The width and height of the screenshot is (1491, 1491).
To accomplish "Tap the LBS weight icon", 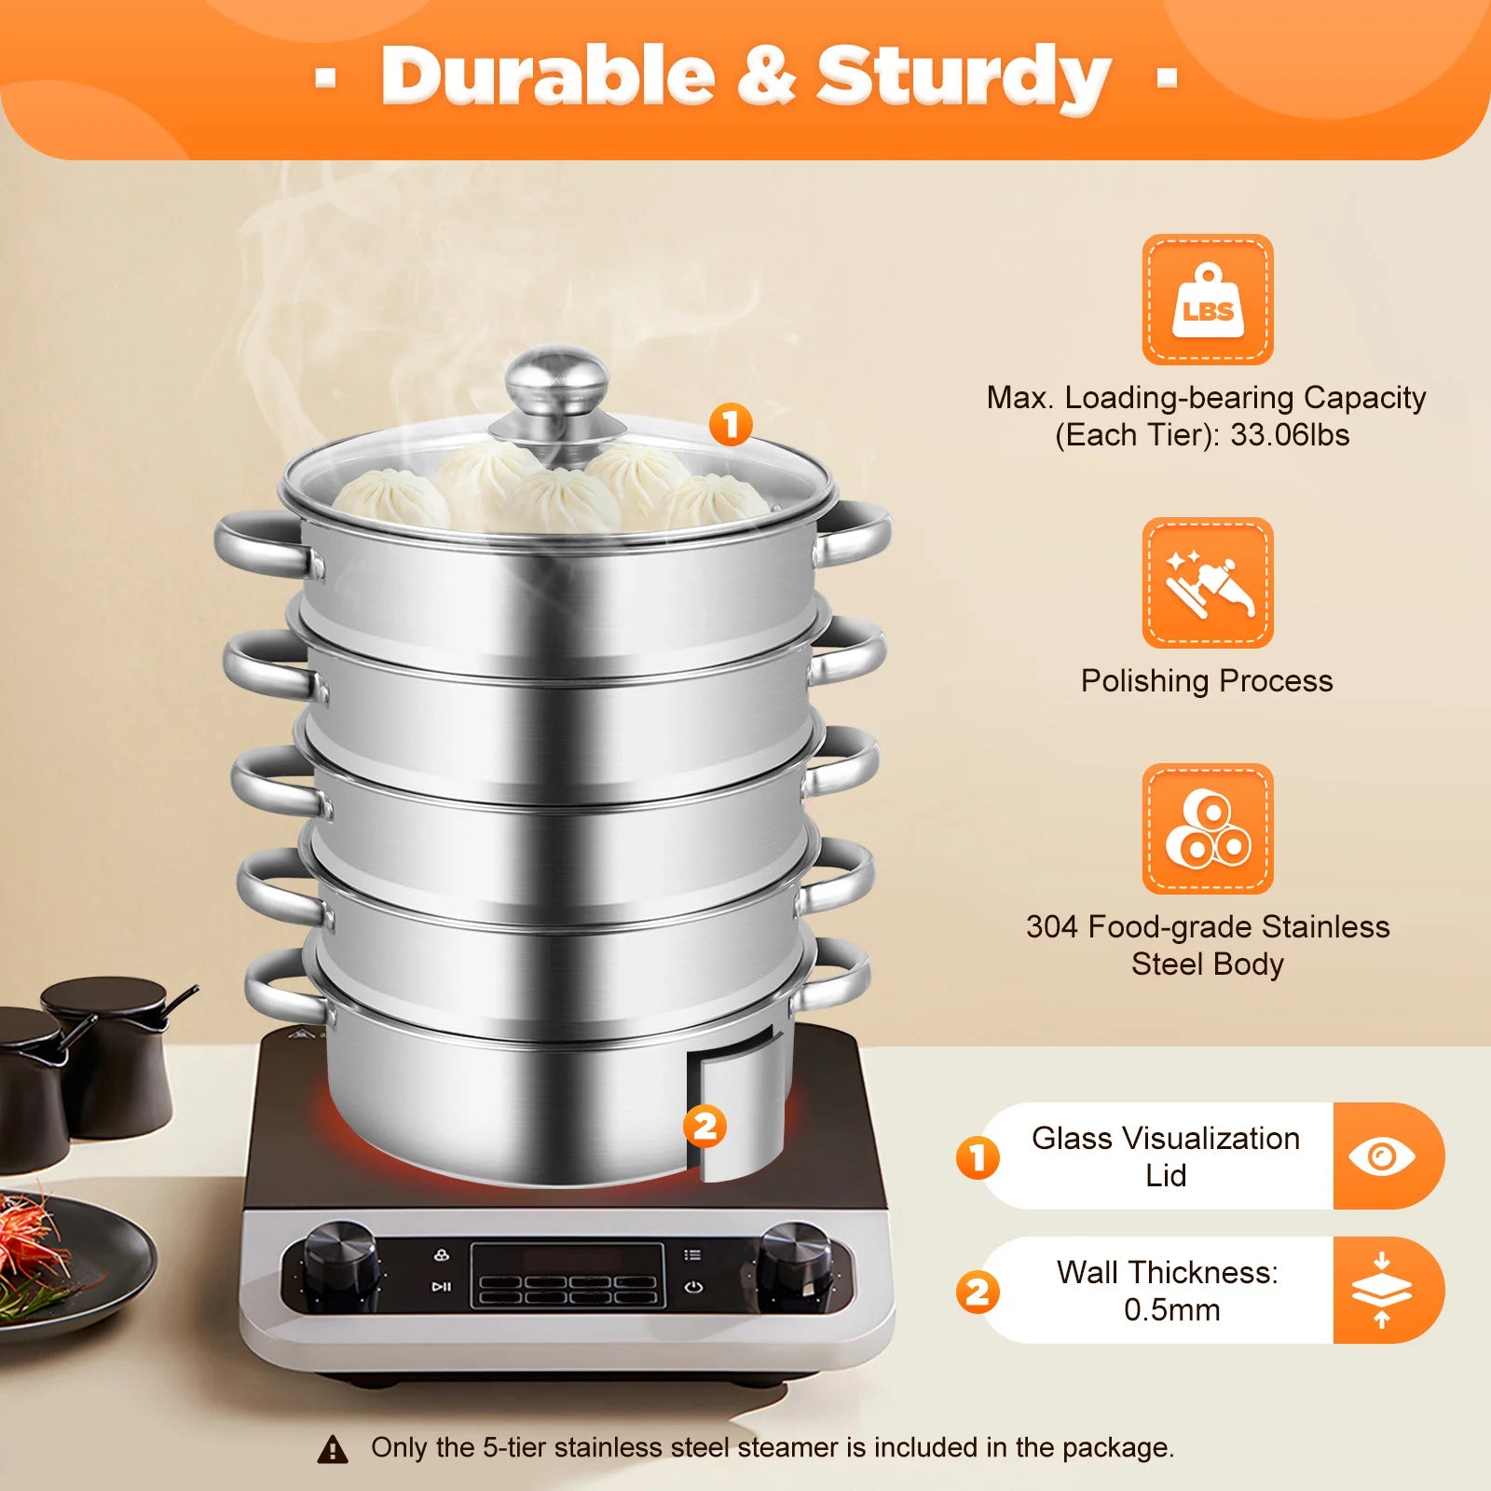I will [1208, 300].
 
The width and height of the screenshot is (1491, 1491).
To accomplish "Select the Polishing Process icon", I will [1208, 583].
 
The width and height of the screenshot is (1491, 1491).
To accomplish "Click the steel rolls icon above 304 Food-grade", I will [1208, 829].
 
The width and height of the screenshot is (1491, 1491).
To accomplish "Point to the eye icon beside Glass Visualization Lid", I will [1382, 1156].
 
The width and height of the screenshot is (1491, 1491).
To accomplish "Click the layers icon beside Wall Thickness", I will [1382, 1291].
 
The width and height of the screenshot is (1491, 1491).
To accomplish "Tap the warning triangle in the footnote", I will [333, 1449].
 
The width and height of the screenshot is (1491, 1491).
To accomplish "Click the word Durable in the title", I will [548, 76].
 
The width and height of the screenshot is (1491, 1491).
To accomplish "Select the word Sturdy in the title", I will [964, 76].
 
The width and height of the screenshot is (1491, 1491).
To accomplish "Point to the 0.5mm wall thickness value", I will [1171, 1310].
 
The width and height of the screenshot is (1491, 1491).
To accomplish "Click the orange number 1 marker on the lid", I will [731, 425].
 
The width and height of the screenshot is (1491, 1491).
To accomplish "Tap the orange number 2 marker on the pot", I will [704, 1127].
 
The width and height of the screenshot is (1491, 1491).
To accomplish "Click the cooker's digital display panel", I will [567, 1275].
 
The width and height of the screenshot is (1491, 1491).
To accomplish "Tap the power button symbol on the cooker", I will [692, 1288].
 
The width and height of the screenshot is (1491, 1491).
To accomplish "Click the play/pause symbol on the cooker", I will [441, 1287].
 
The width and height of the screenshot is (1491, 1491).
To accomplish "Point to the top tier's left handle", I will [257, 544].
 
